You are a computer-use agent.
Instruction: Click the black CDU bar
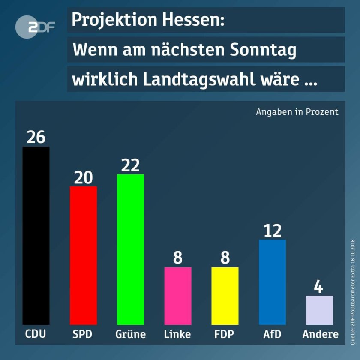(36, 236)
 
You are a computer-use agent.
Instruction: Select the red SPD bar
(83, 255)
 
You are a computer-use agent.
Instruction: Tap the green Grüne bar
(130, 249)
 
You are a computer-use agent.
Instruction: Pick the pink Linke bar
(177, 296)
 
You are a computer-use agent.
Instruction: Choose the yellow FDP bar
(225, 296)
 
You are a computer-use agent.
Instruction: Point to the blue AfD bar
(272, 282)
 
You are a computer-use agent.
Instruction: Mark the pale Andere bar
(319, 310)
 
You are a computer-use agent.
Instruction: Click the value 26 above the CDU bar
(36, 137)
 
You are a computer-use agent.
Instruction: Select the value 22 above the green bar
(130, 165)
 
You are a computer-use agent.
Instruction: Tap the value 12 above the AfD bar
(272, 231)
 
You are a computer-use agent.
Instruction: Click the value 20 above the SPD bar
(83, 177)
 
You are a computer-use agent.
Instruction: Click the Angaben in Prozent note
(297, 112)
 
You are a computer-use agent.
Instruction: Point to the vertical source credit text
(353, 291)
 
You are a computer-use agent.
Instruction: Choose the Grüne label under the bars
(130, 334)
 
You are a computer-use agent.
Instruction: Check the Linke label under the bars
(177, 334)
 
